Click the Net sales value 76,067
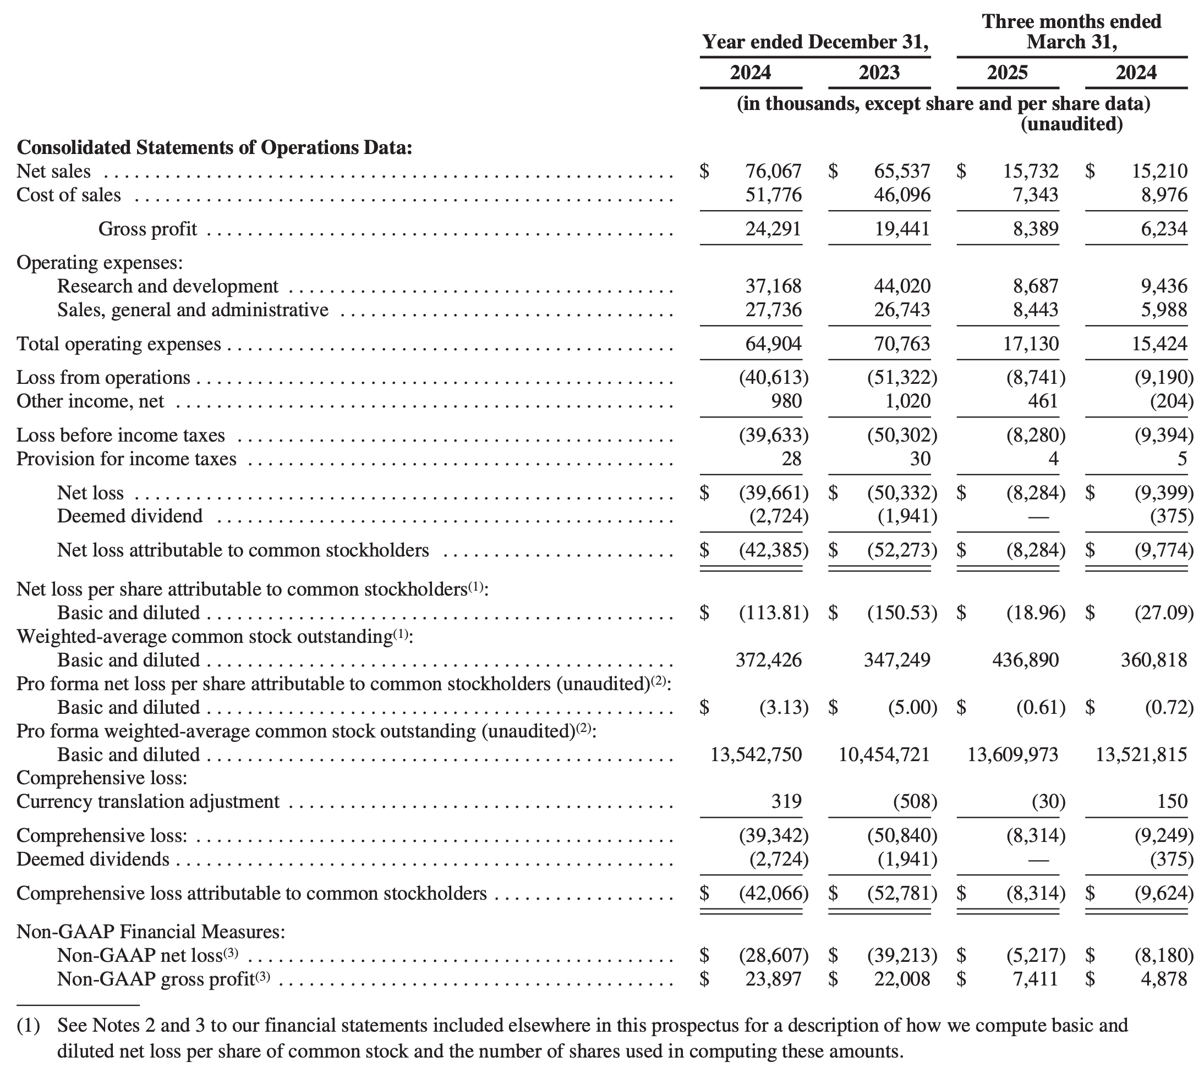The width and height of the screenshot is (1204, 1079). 773,172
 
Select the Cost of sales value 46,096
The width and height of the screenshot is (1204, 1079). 902,195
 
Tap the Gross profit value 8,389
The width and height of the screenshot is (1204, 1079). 1036,229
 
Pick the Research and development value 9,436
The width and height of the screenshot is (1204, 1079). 1164,287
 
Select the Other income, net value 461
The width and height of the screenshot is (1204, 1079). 1043,401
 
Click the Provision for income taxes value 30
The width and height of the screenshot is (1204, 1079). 920,459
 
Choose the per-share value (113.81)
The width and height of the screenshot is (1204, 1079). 773,613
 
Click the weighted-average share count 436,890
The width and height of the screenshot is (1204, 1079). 1026,660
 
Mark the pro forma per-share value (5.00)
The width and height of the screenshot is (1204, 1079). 912,707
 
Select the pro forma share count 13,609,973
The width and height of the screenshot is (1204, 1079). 1013,755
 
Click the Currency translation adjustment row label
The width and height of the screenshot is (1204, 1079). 147,801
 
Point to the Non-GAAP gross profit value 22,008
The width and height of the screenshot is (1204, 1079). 902,979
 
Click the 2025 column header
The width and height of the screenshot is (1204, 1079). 1007,73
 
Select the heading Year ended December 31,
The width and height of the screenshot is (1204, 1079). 815,42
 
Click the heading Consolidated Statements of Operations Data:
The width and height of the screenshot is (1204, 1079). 214,147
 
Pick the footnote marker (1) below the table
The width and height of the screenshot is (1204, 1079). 28,1026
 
